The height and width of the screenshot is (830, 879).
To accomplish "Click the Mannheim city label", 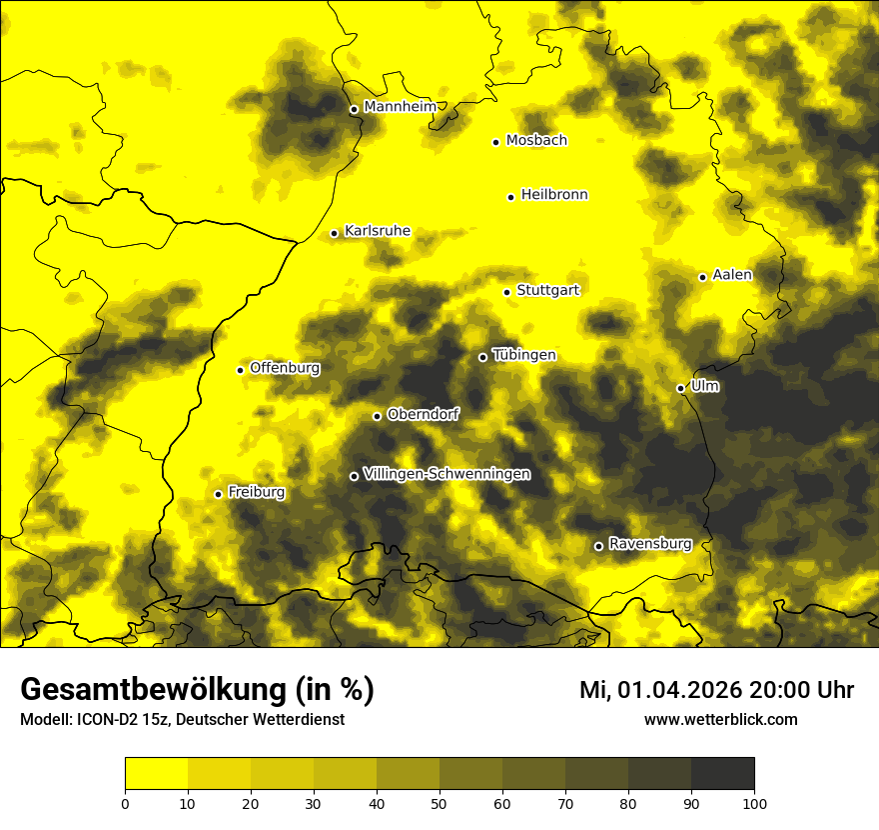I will [401, 107].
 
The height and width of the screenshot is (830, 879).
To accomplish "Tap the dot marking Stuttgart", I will [506, 292].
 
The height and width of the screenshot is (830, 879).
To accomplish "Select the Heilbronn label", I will [554, 195].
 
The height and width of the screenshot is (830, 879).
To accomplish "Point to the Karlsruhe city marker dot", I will [335, 233].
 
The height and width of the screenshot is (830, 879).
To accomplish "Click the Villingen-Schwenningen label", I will [446, 474].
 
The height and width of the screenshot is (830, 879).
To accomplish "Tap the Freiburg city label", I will [256, 492].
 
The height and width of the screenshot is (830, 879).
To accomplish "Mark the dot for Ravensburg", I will [598, 546].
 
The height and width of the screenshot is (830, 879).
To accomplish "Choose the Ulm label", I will [704, 386].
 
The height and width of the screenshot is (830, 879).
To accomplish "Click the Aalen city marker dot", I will [702, 277].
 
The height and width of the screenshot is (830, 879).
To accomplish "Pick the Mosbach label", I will [536, 141].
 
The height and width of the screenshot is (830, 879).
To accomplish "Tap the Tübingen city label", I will [524, 355].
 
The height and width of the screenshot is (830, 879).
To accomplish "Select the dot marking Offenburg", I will [240, 370].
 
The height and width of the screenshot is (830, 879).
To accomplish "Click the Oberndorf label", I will [424, 414].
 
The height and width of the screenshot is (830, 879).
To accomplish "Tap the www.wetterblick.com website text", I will [720, 719].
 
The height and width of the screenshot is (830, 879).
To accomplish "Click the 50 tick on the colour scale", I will [439, 802].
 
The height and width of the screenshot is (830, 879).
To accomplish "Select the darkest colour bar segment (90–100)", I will [722, 774].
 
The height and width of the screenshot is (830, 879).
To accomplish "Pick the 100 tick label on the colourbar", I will [754, 802].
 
